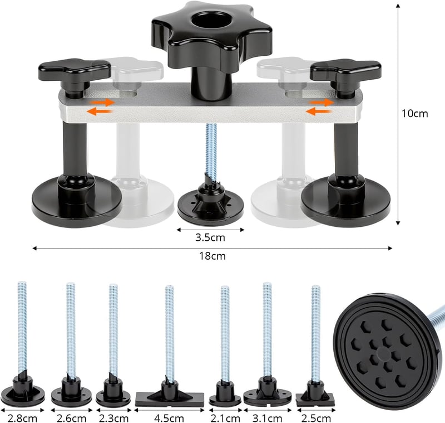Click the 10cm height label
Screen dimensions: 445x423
[414, 114]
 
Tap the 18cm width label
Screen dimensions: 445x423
[212, 256]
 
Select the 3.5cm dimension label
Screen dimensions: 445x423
[210, 237]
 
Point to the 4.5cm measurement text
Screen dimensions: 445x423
[169, 418]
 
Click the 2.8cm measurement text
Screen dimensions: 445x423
[22, 418]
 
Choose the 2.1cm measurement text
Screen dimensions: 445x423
[225, 418]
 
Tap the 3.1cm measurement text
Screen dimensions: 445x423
[268, 418]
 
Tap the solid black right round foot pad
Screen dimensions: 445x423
[345, 201]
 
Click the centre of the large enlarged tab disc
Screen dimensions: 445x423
[383, 351]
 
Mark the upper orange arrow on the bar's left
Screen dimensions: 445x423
[102, 103]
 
